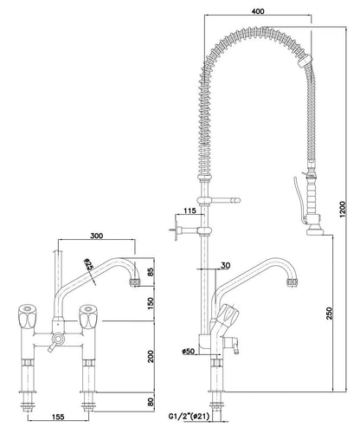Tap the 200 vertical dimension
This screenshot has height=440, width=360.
point(152,355)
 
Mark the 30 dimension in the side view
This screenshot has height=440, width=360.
point(225,265)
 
